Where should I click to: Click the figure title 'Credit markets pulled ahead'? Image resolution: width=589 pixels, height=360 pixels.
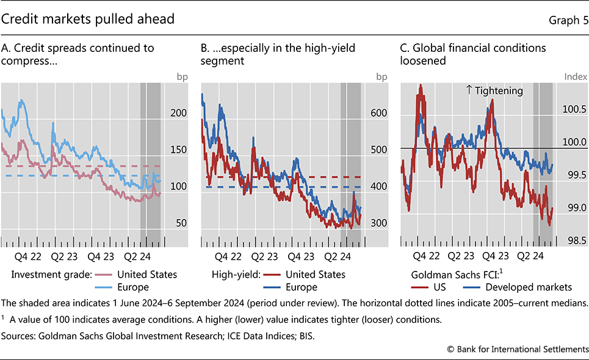click(x=88, y=19)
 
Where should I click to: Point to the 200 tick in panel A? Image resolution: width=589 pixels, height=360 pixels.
click(x=178, y=113)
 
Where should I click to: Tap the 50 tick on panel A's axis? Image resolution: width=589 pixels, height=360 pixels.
click(x=181, y=223)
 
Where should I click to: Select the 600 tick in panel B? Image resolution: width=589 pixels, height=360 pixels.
click(x=378, y=113)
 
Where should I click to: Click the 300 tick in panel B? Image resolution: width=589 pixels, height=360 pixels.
click(x=378, y=223)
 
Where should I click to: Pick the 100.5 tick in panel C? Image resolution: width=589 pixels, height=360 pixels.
click(x=574, y=109)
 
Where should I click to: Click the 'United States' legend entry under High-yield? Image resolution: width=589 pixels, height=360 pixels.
click(x=315, y=275)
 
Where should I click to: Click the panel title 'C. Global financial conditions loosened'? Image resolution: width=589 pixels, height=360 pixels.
click(x=473, y=54)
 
